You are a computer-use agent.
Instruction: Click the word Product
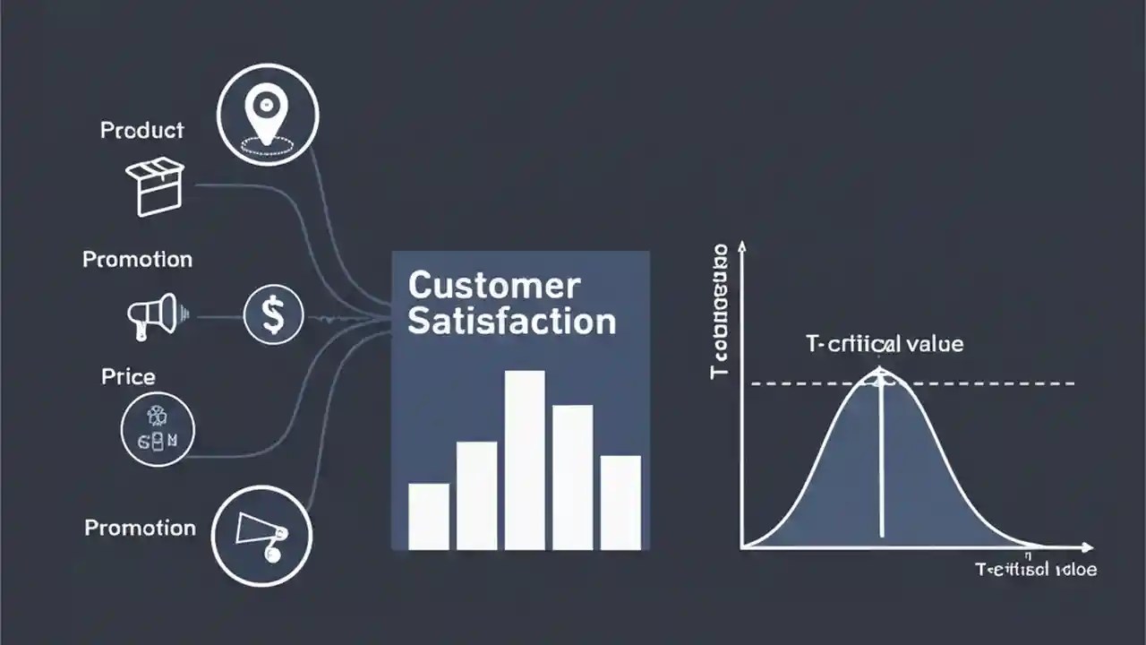tap(141, 131)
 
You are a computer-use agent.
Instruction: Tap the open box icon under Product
tap(154, 187)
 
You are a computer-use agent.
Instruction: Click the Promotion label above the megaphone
tap(137, 260)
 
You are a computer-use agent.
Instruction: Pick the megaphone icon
tap(155, 315)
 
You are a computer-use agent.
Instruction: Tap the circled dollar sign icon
tap(273, 315)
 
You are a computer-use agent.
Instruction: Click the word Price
tap(128, 376)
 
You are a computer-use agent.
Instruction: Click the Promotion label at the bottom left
tap(140, 528)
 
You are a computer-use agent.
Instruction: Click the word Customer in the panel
tap(493, 287)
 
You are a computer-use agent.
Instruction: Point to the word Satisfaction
tap(511, 322)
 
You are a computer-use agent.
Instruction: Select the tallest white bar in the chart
tap(525, 460)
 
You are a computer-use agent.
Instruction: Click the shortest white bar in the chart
tap(429, 516)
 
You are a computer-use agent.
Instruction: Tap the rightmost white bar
tap(620, 502)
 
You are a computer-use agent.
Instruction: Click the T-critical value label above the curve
tap(885, 344)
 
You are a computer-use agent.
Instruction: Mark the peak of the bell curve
tap(880, 370)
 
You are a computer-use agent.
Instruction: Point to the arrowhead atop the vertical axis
tap(742, 247)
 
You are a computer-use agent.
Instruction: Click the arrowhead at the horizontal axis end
tap(1087, 546)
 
